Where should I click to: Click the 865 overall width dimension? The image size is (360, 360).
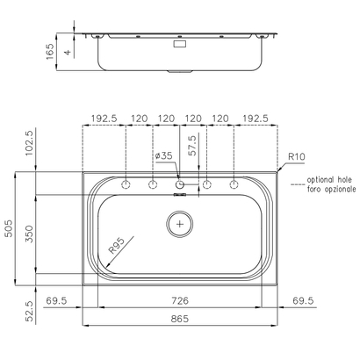coord(180,319)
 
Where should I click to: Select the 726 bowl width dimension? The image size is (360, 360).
coord(180,300)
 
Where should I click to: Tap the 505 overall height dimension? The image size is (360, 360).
coord(9,228)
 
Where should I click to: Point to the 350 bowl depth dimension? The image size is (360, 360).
coord(29,234)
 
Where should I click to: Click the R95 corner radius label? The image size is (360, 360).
coord(117,245)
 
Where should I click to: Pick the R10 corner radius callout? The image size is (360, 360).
coord(297,156)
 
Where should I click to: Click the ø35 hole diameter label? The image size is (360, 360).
coord(163,155)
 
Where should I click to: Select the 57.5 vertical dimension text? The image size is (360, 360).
coord(192,145)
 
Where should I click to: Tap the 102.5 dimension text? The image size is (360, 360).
coord(30,143)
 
